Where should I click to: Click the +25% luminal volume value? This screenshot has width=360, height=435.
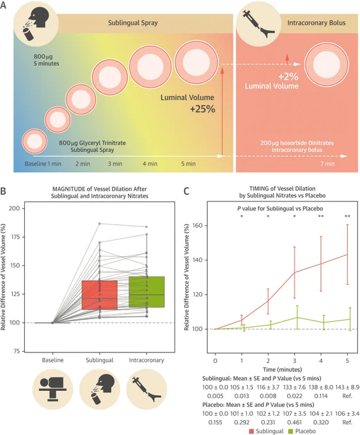pos(203,109)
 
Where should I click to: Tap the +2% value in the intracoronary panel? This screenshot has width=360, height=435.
pos(288,76)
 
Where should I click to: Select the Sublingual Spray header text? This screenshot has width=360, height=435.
pos(133,23)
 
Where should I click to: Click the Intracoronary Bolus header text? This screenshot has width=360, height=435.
pos(317,23)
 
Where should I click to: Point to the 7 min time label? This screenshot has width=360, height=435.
pos(327,164)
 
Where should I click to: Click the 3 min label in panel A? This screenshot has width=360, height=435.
pos(115,164)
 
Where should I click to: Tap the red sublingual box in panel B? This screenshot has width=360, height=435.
pos(100,295)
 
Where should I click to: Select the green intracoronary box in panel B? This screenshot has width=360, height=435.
pos(146,292)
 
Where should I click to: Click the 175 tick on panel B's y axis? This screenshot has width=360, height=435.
pos(14,237)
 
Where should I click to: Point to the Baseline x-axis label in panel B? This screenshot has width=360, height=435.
pos(52,360)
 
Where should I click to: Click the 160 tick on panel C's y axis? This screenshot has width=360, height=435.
pos(198,226)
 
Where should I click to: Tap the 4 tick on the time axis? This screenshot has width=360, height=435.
pos(321,361)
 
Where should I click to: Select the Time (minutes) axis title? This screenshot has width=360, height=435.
pos(283,370)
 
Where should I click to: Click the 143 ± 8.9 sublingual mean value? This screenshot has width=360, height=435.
pos(347,387)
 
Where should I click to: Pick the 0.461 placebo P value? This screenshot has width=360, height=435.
pos(294,422)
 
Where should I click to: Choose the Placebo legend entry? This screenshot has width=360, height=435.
pos(302,431)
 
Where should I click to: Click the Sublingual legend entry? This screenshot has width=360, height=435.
pos(266,431)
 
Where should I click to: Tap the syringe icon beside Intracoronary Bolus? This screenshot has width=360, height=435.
pos(258,24)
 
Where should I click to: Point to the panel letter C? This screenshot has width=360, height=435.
pos(187,191)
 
